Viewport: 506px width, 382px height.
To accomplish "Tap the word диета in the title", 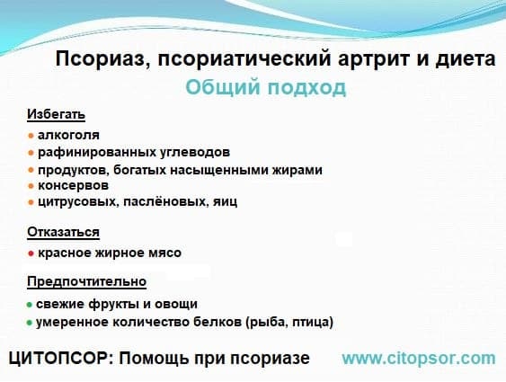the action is point(465,59).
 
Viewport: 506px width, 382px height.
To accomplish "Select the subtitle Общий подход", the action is point(266,88).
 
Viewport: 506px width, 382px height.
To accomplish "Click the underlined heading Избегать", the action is point(56,114).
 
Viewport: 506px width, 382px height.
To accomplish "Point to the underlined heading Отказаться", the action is point(63,232).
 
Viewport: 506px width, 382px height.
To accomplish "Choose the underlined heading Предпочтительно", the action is point(87,281).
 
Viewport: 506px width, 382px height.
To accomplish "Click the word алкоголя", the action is point(68,135).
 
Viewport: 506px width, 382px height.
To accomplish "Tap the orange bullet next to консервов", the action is point(31,186).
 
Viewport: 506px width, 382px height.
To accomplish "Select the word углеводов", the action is point(195,152).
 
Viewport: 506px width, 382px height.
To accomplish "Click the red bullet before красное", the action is point(31,253).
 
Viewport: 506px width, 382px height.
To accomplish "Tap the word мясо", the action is point(164,253).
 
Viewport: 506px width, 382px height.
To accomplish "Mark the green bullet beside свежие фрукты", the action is point(30,305).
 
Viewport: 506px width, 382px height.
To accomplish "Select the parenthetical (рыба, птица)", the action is point(289,322).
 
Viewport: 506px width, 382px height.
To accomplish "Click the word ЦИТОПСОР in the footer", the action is point(59,358).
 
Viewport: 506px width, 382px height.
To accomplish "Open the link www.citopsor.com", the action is point(419,359).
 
